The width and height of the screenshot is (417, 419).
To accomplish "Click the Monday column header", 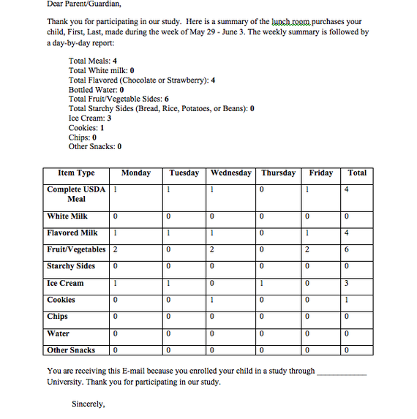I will tap(135, 173).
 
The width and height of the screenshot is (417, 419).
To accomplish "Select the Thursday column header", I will tap(279, 173).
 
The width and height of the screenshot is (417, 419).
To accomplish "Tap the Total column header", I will tap(357, 173).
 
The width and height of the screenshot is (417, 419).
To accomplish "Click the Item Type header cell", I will tap(76, 173).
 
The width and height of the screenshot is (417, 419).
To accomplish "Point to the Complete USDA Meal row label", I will tap(76, 194).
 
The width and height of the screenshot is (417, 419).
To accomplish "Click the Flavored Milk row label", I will tap(72, 233).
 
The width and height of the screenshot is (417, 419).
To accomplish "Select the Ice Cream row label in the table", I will tap(65, 283).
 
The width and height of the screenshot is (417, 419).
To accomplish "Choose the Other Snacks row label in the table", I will tap(71, 350).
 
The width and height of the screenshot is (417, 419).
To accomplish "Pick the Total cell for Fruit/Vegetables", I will tap(357, 250).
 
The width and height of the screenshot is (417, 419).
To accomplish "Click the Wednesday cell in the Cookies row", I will tap(232, 301).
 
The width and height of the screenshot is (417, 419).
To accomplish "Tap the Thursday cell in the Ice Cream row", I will tap(279, 284).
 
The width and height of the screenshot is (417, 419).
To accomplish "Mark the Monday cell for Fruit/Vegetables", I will tap(135, 250).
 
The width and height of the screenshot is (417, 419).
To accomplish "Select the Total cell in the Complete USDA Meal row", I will tap(357, 195).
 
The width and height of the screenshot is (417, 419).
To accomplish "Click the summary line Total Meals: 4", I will tap(93, 61).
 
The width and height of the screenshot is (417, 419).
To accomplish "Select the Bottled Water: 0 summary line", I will tap(96, 89).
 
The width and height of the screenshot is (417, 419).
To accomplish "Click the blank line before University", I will tap(342, 371).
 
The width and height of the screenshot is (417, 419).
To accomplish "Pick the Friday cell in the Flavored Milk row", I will tap(320, 233).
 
